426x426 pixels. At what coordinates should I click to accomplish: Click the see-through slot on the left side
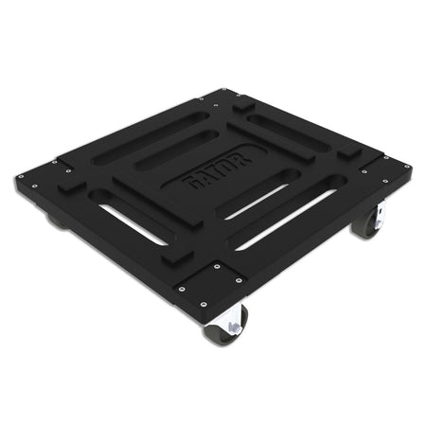132,223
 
